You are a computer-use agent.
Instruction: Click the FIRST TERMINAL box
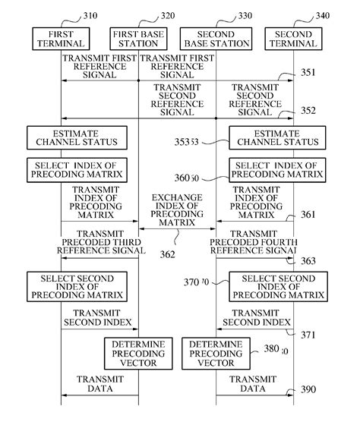62,39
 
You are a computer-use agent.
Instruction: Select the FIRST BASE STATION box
137,39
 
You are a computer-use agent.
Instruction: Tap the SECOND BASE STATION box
216,39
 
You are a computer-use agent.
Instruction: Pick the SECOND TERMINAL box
293,39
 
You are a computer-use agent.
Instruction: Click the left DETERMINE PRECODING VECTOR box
134,354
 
